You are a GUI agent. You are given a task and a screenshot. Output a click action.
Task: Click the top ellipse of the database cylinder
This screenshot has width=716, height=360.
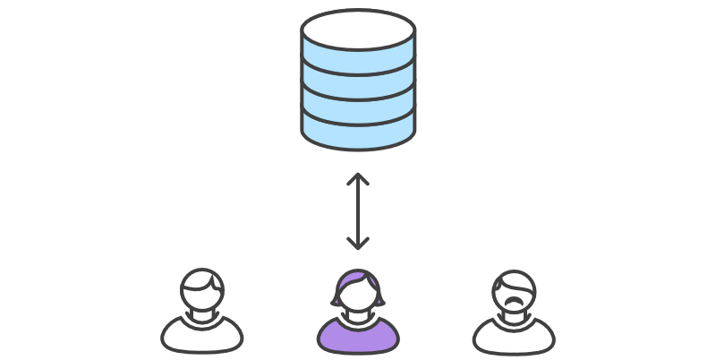click(x=358, y=30)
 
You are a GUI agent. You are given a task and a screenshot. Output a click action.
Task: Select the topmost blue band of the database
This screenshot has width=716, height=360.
click(x=358, y=60)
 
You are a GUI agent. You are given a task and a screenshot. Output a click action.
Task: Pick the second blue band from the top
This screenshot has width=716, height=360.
click(x=358, y=84)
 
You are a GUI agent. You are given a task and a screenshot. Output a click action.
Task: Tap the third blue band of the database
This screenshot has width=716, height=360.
click(x=358, y=109)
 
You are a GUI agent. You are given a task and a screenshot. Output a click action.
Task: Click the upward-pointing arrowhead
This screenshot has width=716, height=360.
click(x=358, y=179)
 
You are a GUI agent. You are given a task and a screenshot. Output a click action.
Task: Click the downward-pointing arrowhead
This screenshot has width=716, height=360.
click(x=358, y=244)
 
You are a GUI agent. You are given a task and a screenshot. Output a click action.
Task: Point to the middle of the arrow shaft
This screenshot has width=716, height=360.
click(x=358, y=211)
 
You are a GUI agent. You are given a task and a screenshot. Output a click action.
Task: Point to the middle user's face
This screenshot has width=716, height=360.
click(x=358, y=295)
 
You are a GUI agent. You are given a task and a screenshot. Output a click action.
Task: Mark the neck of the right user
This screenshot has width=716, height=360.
click(x=514, y=314)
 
